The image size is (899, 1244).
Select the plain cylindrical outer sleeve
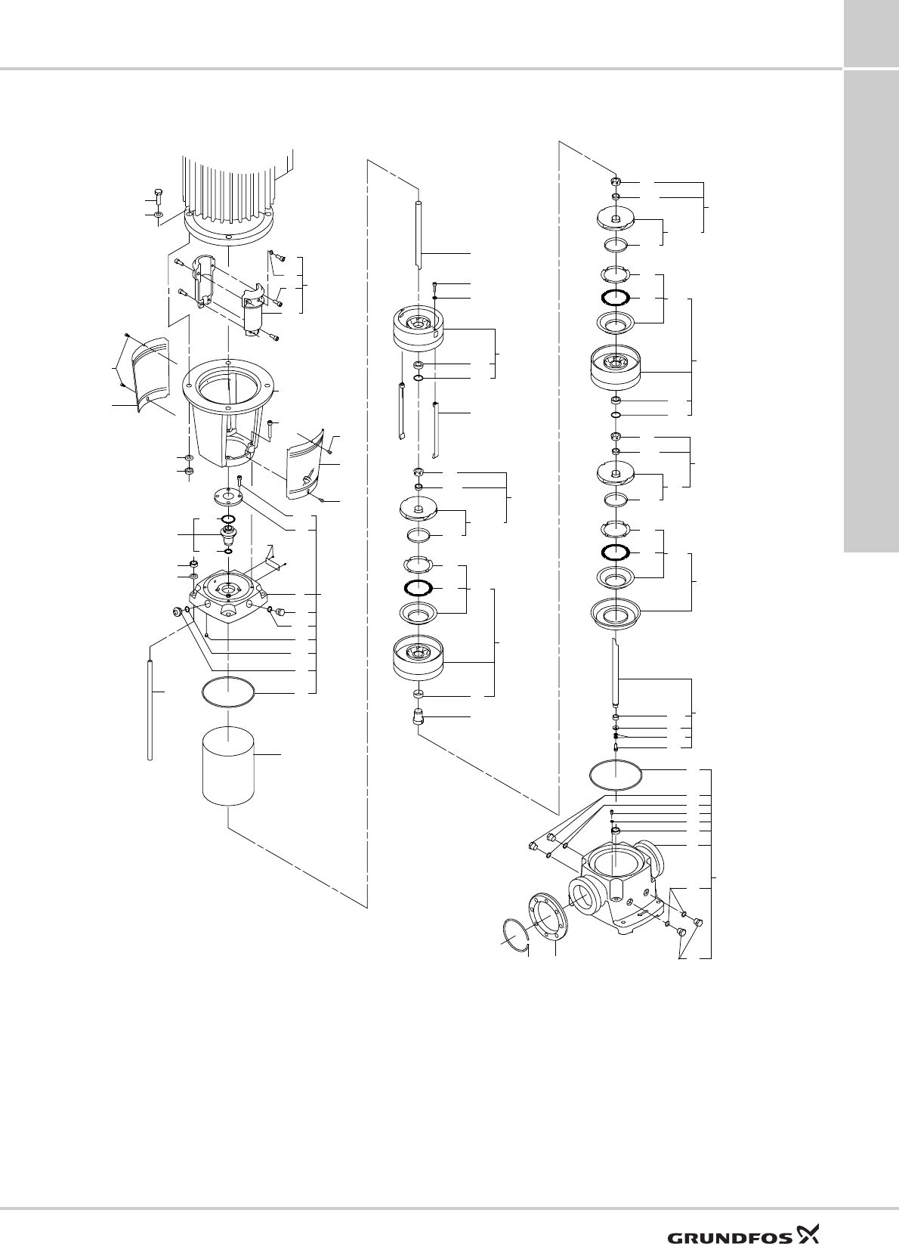229,767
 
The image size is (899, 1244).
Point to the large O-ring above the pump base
616,776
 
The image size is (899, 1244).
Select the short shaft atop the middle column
418,231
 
